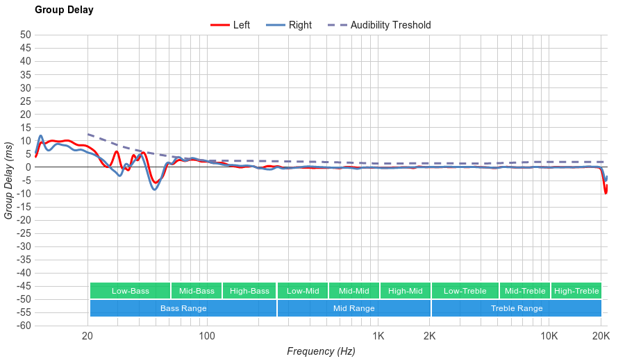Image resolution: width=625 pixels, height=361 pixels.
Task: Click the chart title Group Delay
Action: point(64,10)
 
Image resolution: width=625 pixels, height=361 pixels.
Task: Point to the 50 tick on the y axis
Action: point(26,35)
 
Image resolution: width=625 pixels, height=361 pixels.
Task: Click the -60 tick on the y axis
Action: point(23,326)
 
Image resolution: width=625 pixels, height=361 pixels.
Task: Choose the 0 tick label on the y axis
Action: point(28,167)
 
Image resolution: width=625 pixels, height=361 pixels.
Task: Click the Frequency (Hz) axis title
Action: point(321,351)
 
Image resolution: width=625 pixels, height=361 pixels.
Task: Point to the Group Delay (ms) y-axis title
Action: point(9,180)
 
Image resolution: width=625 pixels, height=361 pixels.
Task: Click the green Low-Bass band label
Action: point(130,291)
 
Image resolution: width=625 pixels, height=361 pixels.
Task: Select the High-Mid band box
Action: point(405,291)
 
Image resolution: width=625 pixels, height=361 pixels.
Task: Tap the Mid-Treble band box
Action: point(525,291)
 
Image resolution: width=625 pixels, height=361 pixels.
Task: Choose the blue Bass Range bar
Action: point(183,308)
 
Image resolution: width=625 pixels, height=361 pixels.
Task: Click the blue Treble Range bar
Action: point(516,308)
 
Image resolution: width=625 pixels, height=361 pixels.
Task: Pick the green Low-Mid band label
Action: point(303,291)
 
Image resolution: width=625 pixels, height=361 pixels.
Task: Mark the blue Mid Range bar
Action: point(353,308)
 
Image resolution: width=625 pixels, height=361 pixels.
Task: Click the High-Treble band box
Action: point(576,291)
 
